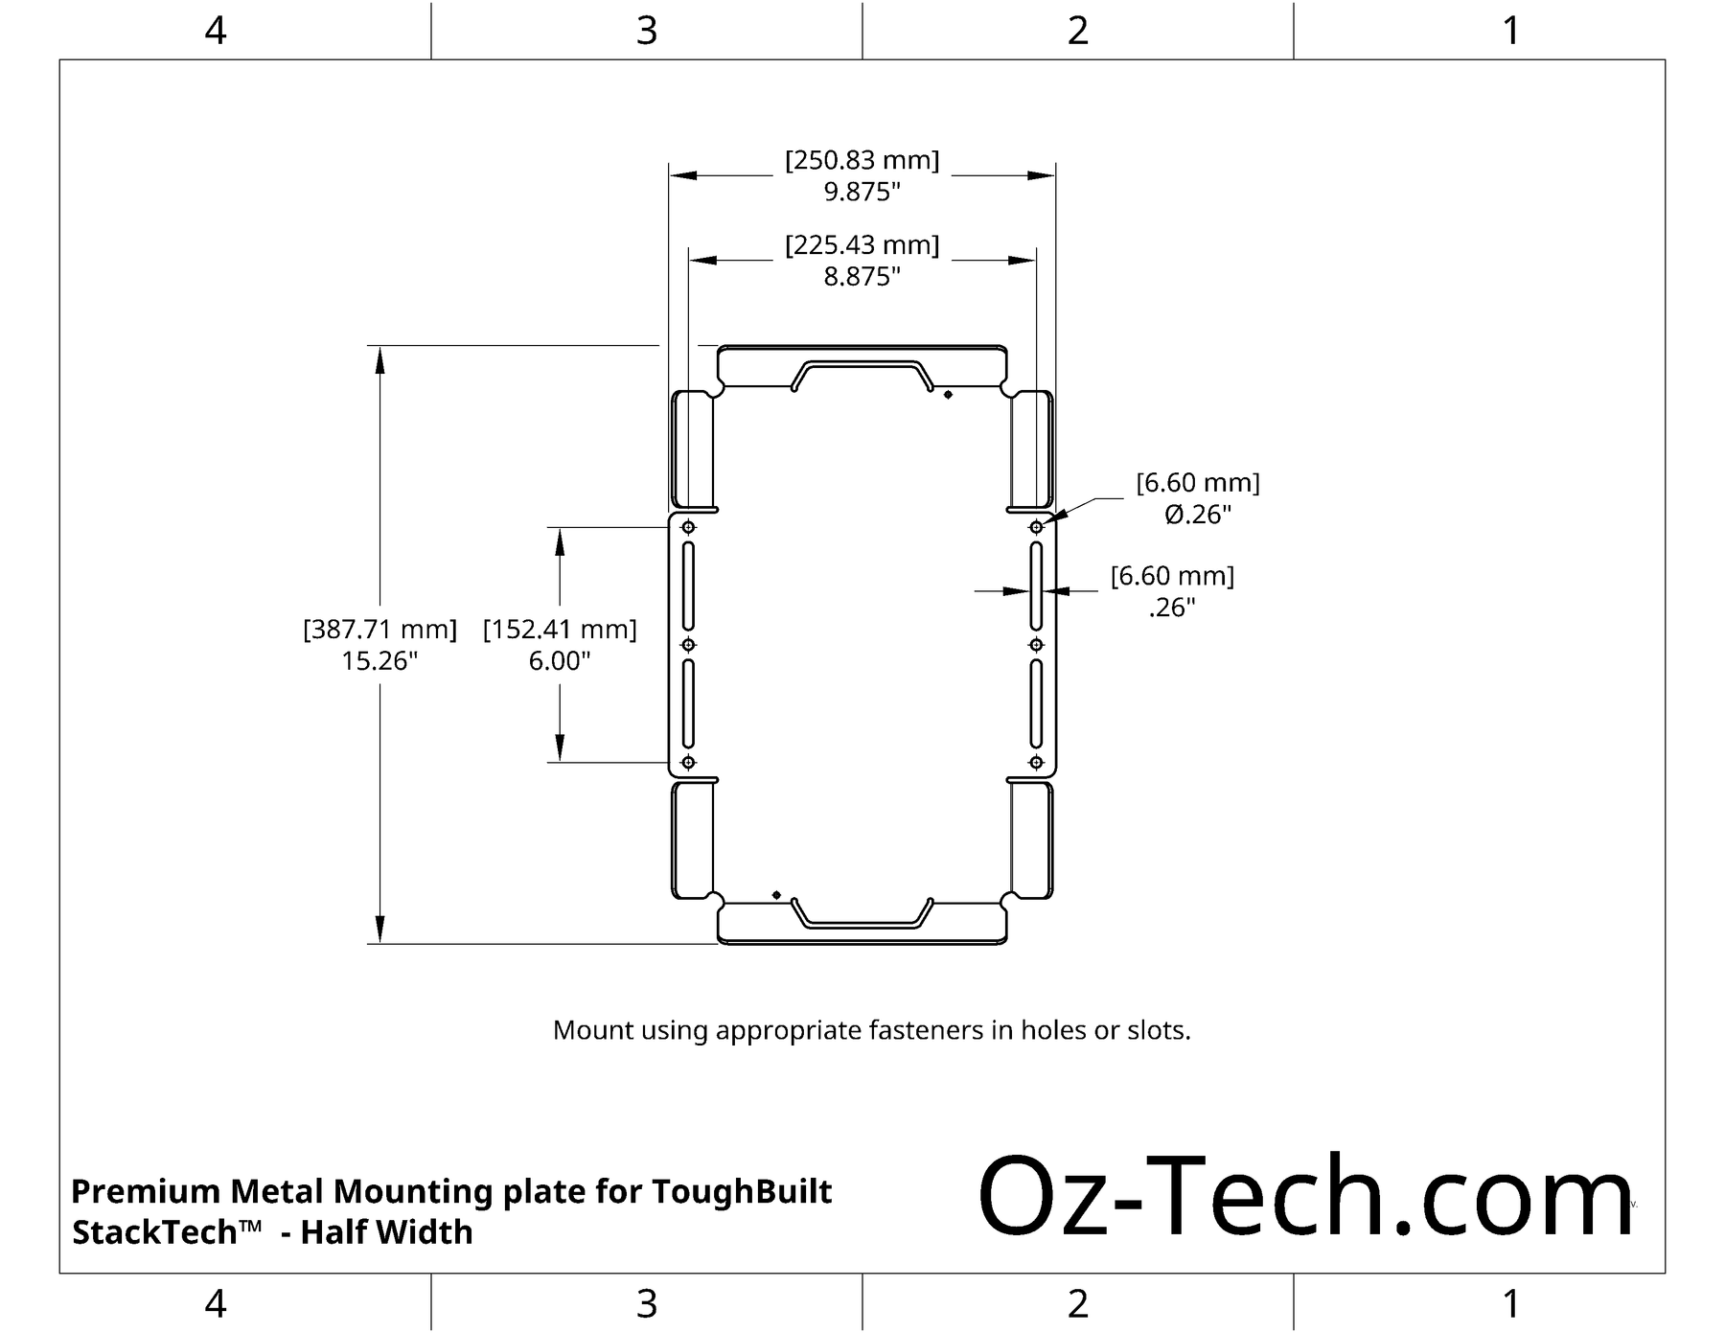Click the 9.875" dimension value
[862, 192]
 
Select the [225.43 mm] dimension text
[862, 245]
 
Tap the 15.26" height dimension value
[379, 660]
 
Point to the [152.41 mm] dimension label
[560, 630]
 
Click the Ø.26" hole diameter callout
[1197, 515]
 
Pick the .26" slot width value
[1172, 608]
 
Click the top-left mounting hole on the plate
[688, 527]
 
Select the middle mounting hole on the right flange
[1036, 645]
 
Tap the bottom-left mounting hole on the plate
[688, 763]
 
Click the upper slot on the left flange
[688, 586]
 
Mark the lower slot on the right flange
[1036, 703]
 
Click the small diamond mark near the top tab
[948, 395]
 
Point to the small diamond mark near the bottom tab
[776, 895]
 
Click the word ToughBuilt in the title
[742, 1191]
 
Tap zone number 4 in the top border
[216, 31]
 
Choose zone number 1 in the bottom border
[1510, 1304]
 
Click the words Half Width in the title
[386, 1232]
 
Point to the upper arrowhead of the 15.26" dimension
[379, 358]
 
